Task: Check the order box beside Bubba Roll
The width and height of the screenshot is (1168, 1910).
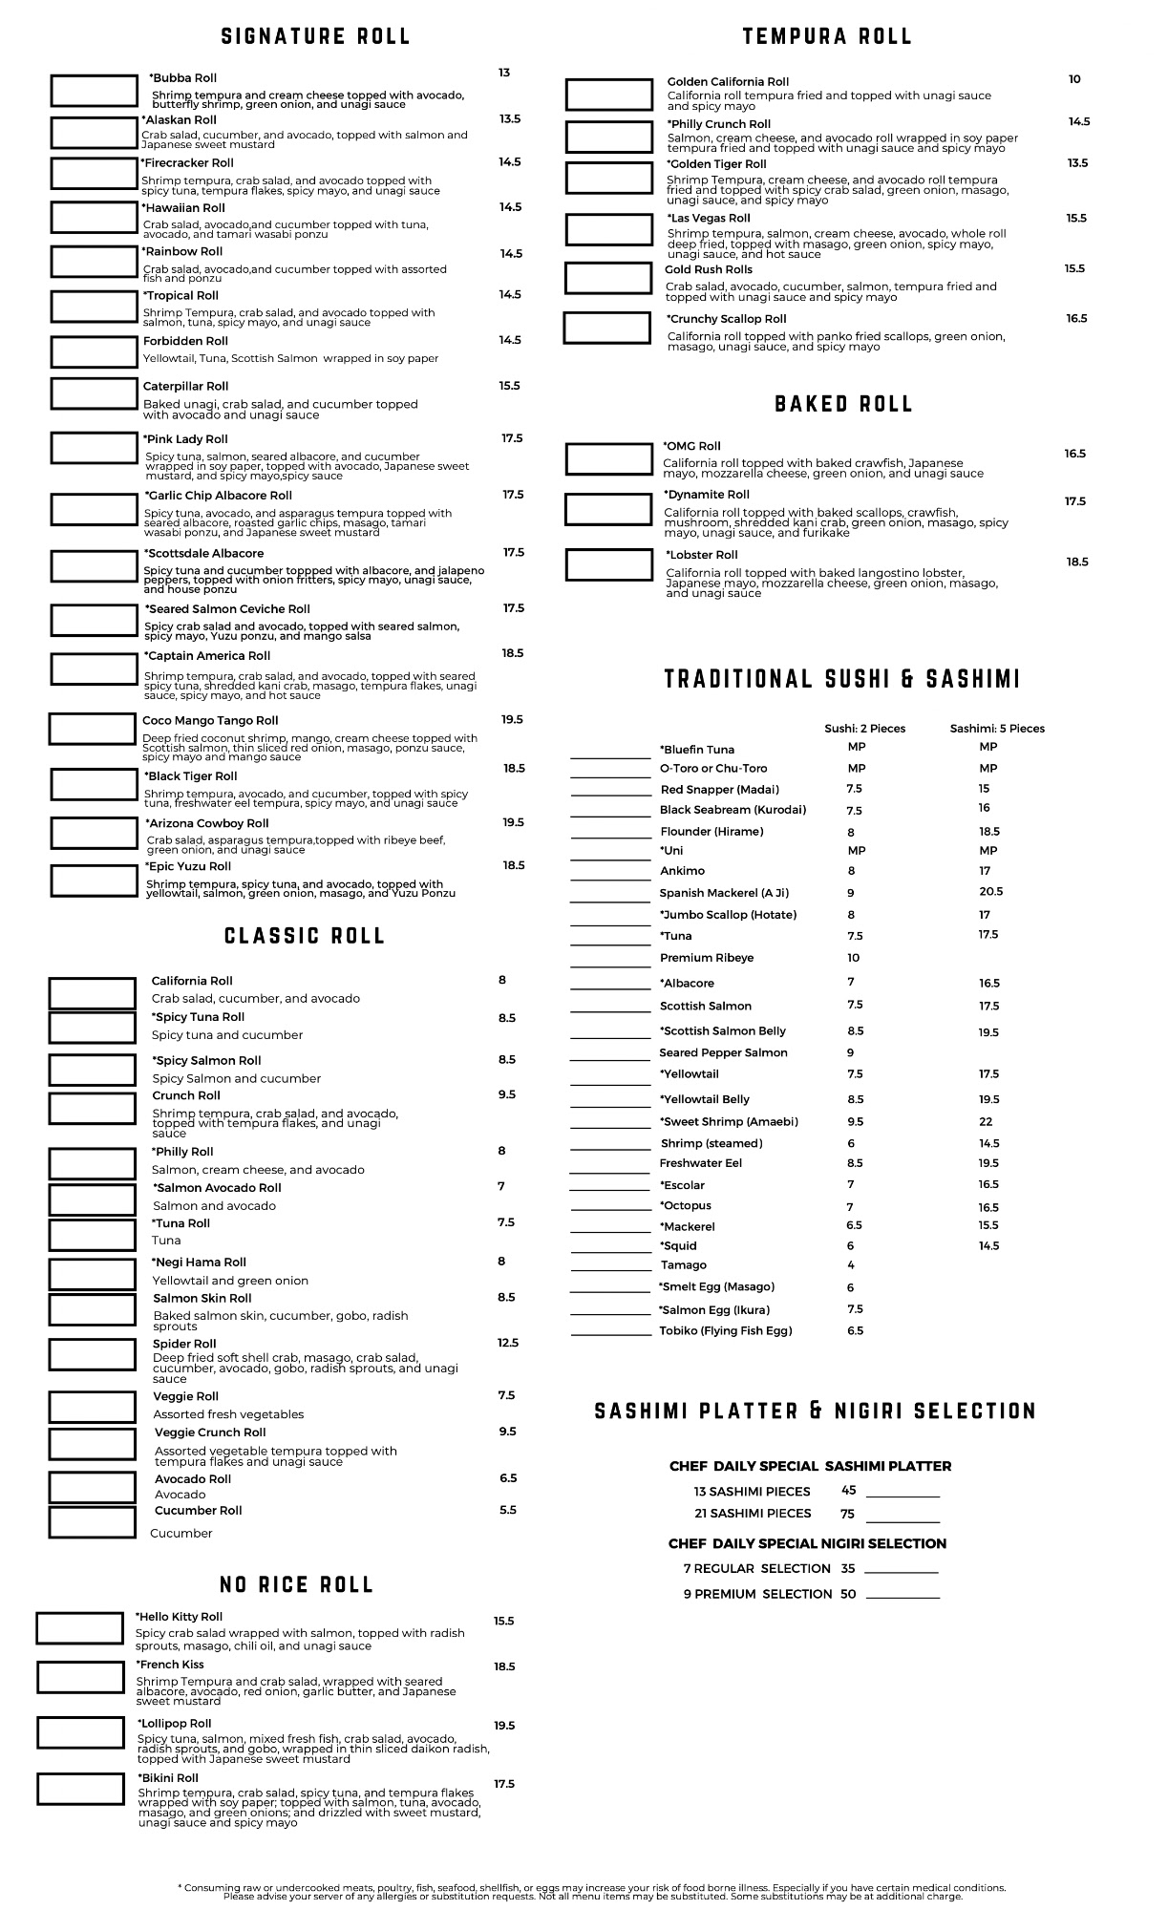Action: (94, 92)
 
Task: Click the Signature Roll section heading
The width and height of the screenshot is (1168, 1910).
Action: (315, 36)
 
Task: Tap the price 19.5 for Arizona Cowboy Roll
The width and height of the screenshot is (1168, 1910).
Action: (514, 822)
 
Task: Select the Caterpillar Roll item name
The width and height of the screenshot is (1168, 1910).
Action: (185, 387)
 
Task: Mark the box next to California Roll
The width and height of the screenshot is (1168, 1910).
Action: (92, 993)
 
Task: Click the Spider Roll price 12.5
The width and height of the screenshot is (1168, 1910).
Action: (508, 1343)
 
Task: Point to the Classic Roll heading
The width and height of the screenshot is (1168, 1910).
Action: (305, 936)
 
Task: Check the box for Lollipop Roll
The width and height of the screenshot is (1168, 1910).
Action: (81, 1732)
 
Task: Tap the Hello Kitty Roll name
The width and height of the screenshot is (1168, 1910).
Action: (180, 1617)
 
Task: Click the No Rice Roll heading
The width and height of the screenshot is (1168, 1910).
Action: (296, 1585)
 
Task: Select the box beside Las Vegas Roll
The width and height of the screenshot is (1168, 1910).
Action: (608, 230)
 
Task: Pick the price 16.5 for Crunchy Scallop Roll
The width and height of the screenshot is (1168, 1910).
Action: (1076, 319)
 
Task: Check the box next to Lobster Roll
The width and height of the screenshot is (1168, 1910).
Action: (608, 564)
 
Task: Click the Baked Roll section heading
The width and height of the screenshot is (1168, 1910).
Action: (843, 404)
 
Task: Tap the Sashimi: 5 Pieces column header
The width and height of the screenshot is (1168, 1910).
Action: (996, 729)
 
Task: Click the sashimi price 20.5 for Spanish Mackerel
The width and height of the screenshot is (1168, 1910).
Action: (990, 891)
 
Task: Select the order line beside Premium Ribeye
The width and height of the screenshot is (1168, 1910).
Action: (610, 965)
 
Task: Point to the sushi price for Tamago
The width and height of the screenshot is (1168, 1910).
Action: (851, 1265)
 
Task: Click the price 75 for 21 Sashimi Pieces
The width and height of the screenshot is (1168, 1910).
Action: (847, 1514)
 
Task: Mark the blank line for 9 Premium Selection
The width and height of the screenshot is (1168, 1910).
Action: (903, 1596)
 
